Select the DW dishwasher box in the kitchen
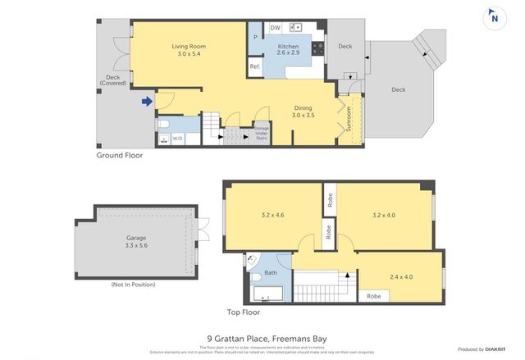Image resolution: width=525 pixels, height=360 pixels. pyautogui.click(x=276, y=28)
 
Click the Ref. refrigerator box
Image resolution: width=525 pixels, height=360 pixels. pyautogui.click(x=255, y=66)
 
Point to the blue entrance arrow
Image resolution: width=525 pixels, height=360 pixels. pyautogui.click(x=147, y=102)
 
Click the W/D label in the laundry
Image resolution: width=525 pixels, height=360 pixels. pyautogui.click(x=177, y=138)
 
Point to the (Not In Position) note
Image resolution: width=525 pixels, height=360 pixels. pyautogui.click(x=133, y=284)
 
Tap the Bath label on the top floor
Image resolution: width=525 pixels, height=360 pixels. pyautogui.click(x=270, y=272)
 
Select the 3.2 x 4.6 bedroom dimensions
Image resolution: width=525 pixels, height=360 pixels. pyautogui.click(x=272, y=216)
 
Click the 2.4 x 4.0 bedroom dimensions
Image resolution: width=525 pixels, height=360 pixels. pyautogui.click(x=401, y=276)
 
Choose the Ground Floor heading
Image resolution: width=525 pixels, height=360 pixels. pyautogui.click(x=121, y=155)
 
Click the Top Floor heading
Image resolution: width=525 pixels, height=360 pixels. pyautogui.click(x=243, y=312)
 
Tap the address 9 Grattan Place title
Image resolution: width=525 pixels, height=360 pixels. pyautogui.click(x=262, y=337)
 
